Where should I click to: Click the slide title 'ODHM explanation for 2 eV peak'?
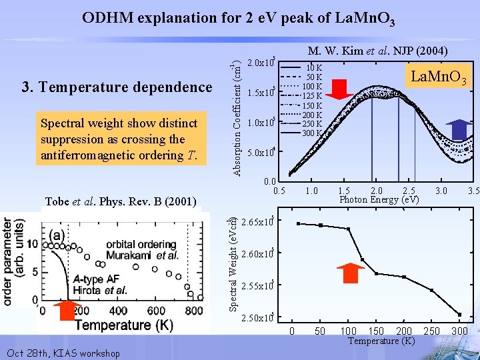click(x=239, y=18)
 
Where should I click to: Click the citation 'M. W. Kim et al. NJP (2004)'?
click(x=377, y=51)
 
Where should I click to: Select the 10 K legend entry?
click(x=312, y=68)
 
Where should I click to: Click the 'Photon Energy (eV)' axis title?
click(x=379, y=200)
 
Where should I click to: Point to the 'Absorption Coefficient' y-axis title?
click(x=237, y=117)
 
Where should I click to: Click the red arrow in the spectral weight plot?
click(x=350, y=275)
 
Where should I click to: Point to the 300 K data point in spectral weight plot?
click(x=459, y=314)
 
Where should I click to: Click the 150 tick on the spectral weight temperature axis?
click(x=376, y=331)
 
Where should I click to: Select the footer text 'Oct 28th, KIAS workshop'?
click(x=62, y=353)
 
